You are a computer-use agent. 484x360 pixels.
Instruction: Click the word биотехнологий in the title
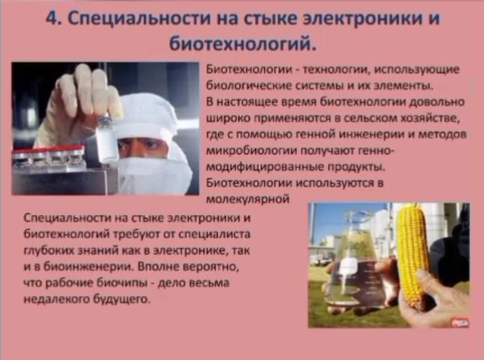243,43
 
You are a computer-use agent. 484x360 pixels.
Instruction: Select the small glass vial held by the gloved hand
106,139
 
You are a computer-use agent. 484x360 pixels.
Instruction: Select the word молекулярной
248,199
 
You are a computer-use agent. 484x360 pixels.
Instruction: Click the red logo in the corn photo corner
460,322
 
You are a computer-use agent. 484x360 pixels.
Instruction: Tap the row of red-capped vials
49,157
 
